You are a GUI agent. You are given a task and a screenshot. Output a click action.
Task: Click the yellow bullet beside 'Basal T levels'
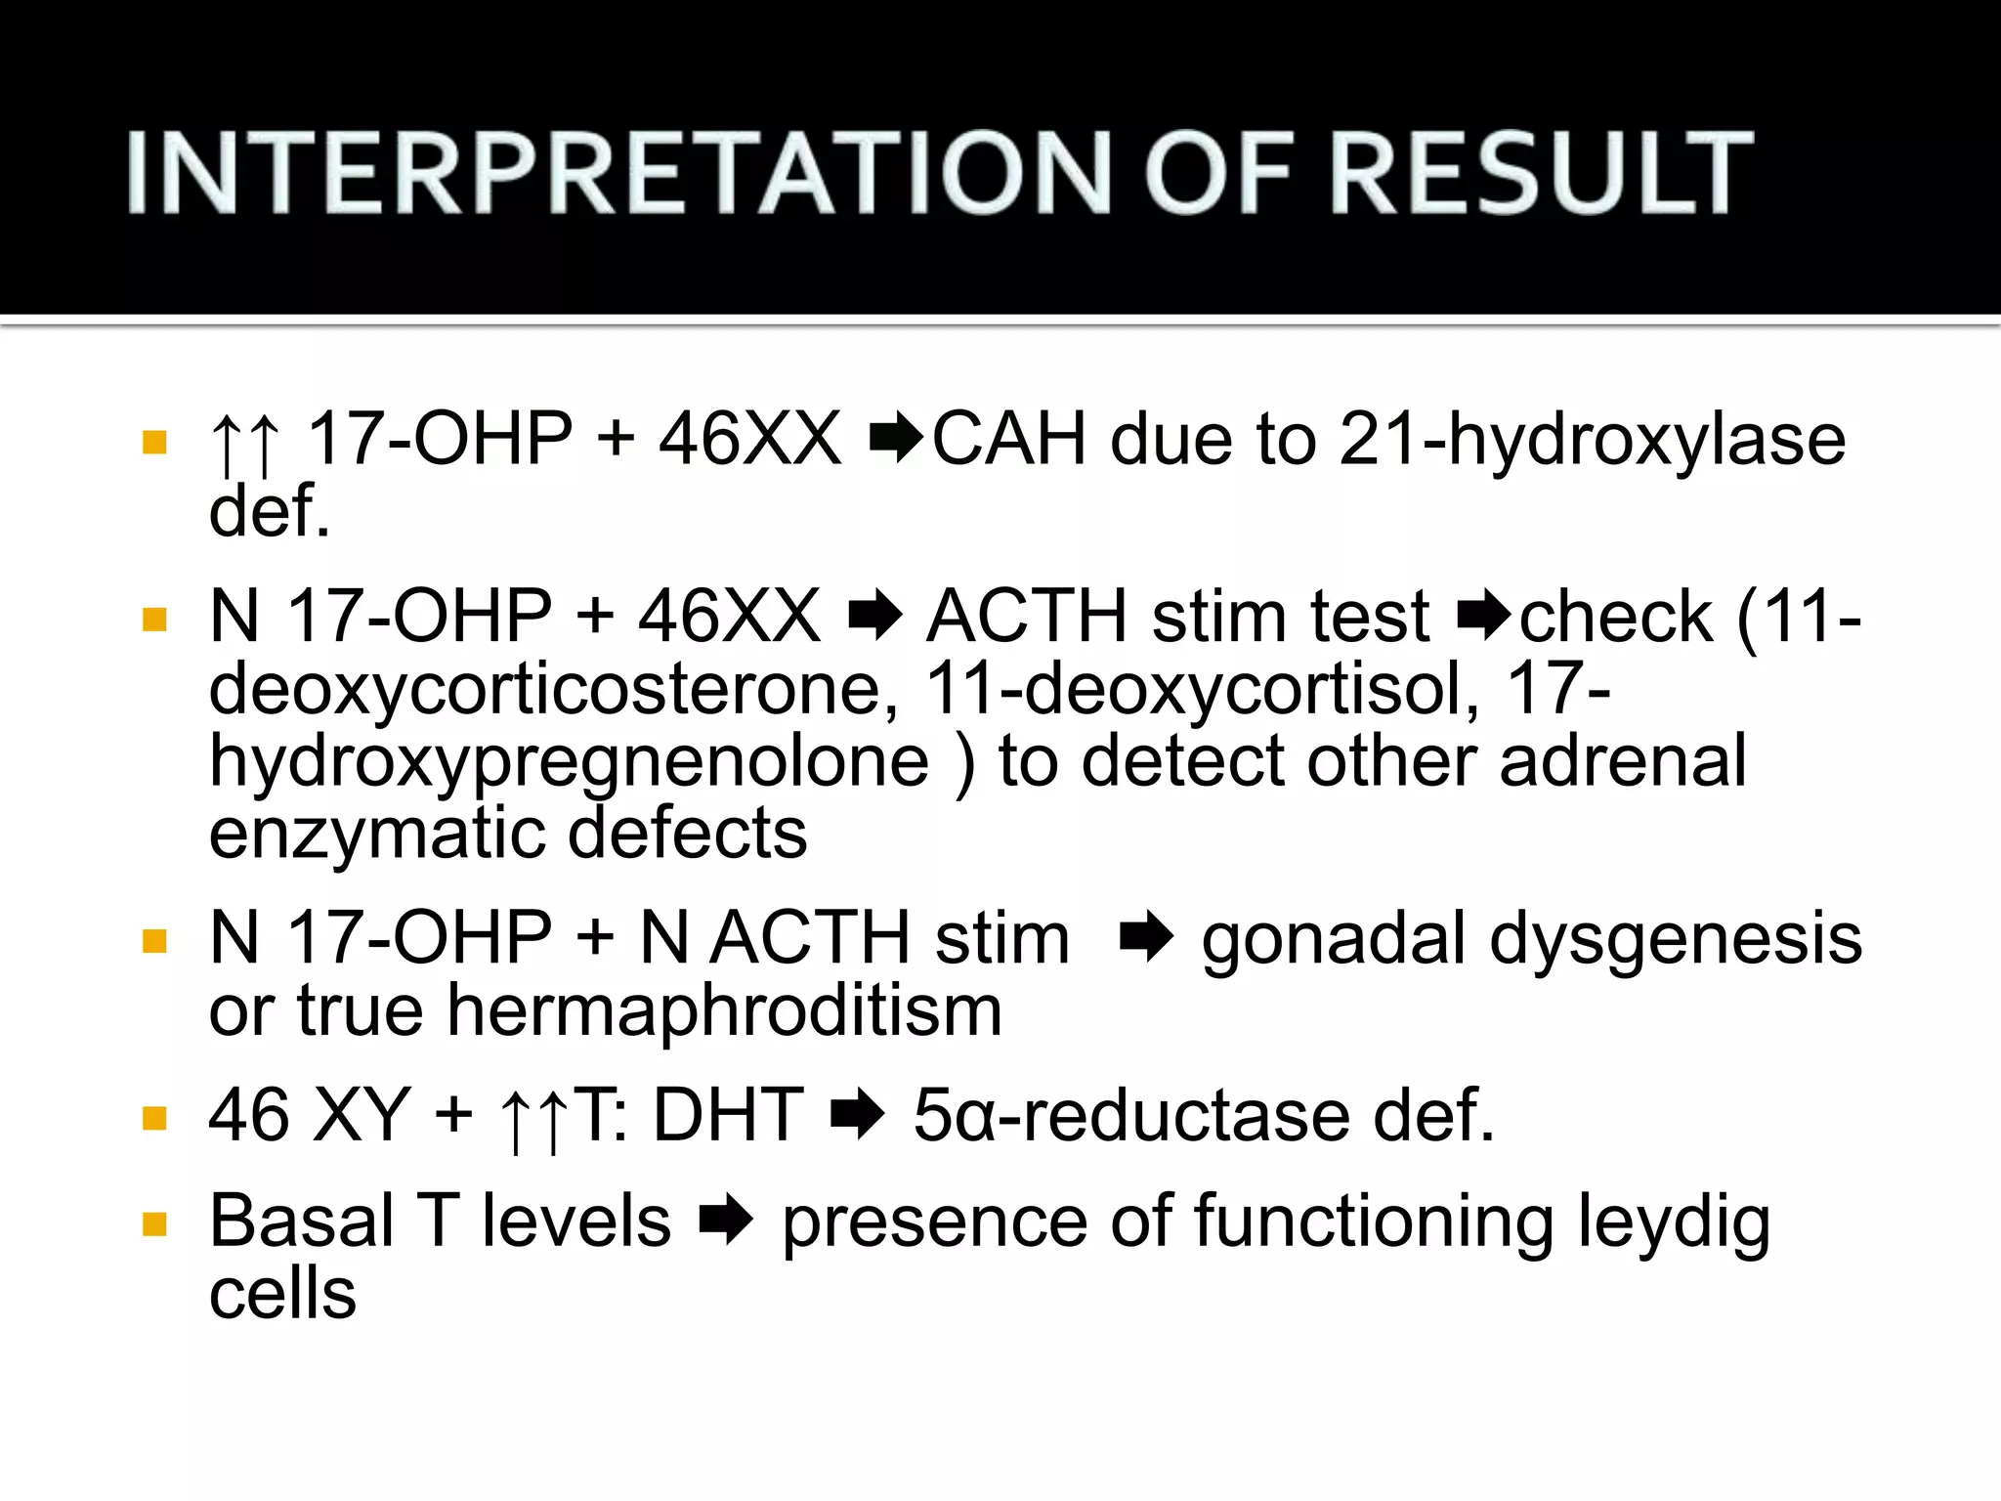pos(154,1225)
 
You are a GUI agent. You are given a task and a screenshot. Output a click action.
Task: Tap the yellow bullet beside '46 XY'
pos(154,1118)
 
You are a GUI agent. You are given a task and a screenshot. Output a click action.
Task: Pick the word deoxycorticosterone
pos(553,689)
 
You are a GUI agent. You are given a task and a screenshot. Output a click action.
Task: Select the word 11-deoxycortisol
pos(1201,689)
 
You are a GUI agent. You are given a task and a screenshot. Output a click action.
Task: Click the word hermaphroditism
pos(724,1011)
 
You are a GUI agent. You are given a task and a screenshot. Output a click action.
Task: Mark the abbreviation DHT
pos(728,1116)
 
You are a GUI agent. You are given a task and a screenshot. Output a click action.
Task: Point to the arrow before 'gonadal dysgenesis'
pos(1146,939)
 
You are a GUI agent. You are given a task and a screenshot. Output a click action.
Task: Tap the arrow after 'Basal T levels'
pos(726,1223)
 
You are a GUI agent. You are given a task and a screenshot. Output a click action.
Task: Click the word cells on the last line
pos(282,1295)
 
